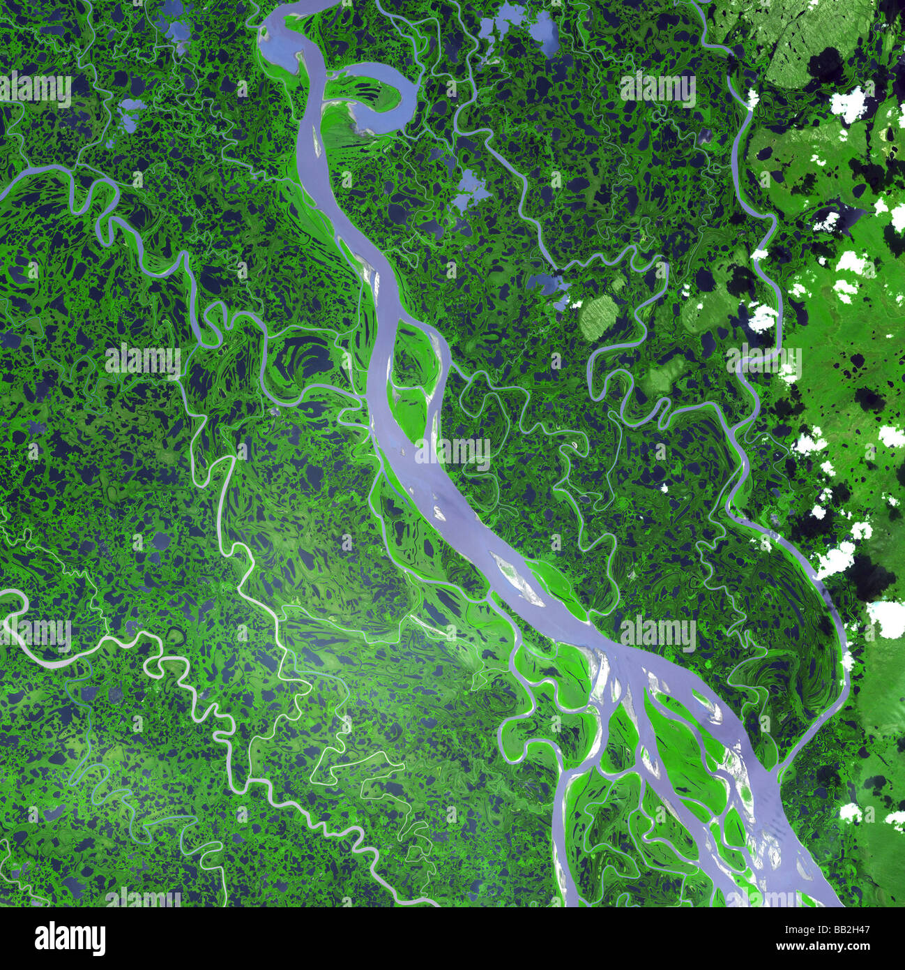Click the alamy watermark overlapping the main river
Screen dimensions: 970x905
[453, 452]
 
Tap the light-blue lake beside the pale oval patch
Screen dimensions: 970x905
[547, 285]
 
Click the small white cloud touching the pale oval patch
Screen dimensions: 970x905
[576, 303]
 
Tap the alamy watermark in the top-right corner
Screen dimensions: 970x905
[657, 89]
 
